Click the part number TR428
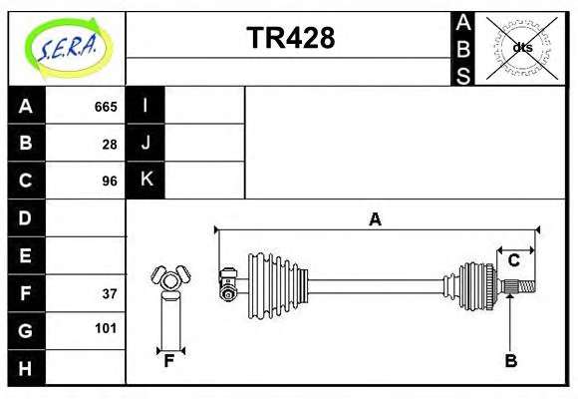tap(290, 38)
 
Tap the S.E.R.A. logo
tap(68, 48)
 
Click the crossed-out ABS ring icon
tap(521, 48)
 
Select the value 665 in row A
tap(106, 107)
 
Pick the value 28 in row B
tap(110, 145)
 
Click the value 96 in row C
tap(110, 182)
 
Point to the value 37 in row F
tap(110, 294)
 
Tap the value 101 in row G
tap(106, 328)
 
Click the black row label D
tap(26, 217)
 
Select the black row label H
tap(26, 368)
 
